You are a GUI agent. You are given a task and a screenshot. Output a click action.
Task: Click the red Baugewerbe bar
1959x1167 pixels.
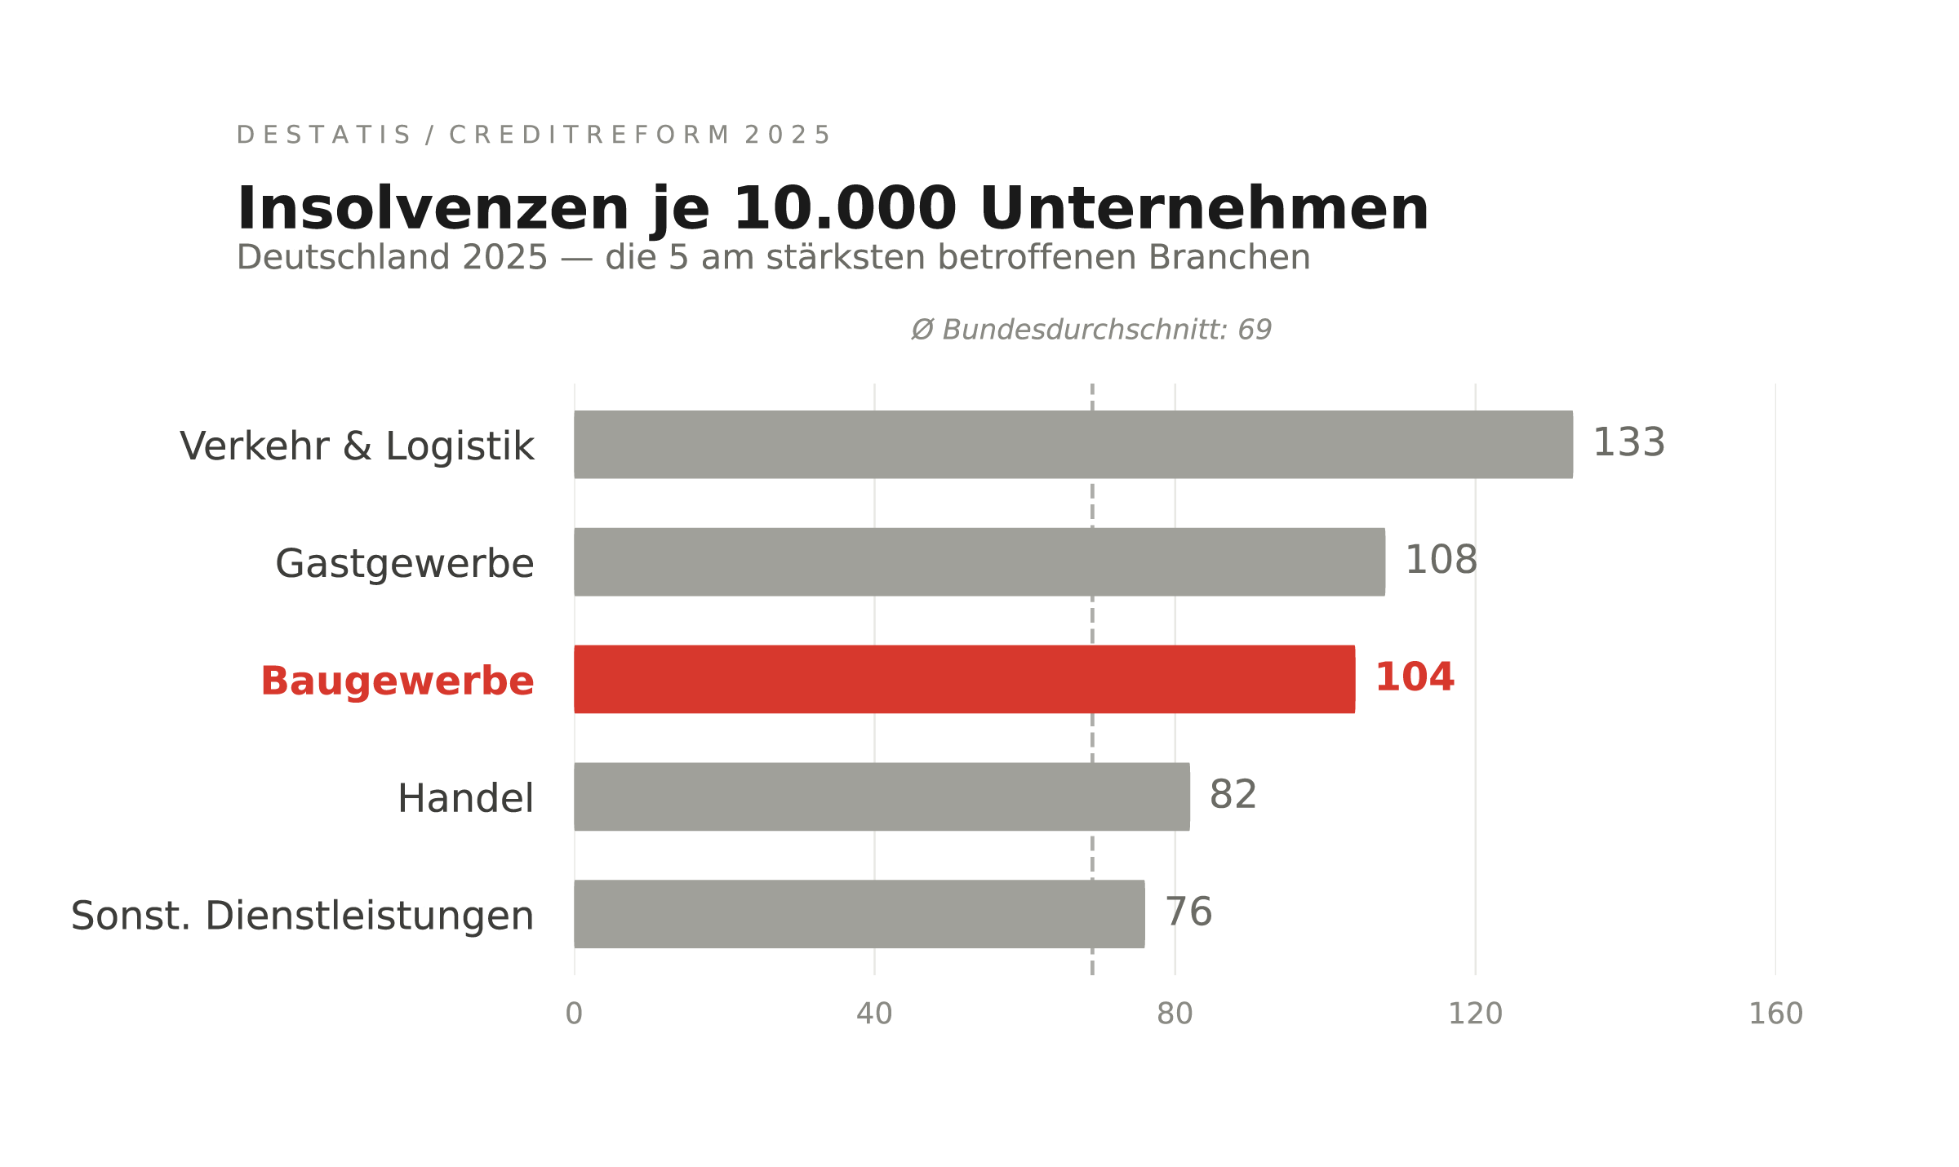[x=964, y=679]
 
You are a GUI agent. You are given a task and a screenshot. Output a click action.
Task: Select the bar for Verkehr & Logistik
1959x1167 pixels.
[x=1073, y=444]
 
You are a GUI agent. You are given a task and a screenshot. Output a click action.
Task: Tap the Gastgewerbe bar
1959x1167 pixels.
[x=979, y=561]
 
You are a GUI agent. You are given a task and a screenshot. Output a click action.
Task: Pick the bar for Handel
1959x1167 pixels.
[x=882, y=796]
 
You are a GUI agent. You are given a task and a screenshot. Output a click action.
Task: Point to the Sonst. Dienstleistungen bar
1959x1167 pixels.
[x=859, y=914]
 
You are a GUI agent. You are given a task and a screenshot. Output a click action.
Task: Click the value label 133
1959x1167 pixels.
[x=1628, y=443]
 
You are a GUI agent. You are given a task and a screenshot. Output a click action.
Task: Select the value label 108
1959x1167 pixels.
[x=1441, y=561]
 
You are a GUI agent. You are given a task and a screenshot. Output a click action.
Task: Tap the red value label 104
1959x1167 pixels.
[x=1415, y=678]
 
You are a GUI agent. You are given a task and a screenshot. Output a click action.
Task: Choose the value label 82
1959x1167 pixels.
[x=1233, y=795]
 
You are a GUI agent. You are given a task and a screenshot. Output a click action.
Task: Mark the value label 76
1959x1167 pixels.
[x=1188, y=912]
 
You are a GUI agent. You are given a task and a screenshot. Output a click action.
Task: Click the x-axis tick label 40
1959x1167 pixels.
[x=874, y=1014]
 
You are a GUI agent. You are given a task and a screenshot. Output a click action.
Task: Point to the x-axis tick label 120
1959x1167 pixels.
[x=1475, y=1014]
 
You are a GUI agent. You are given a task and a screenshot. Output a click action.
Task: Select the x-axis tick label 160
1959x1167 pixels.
[x=1775, y=1014]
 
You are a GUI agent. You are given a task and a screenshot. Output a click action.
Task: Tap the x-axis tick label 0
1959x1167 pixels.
[x=574, y=1014]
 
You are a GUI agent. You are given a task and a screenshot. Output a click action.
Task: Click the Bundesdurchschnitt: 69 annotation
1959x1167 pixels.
[x=1091, y=330]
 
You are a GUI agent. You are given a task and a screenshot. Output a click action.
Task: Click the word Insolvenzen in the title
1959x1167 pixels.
[x=433, y=210]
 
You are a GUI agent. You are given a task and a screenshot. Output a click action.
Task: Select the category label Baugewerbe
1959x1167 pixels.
[x=397, y=681]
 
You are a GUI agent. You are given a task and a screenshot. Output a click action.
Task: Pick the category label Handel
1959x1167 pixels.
[x=465, y=798]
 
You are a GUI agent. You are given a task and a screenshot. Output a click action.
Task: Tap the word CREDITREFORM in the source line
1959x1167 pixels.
[x=589, y=135]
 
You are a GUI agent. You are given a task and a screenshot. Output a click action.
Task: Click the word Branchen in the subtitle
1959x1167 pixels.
[x=1228, y=258]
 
